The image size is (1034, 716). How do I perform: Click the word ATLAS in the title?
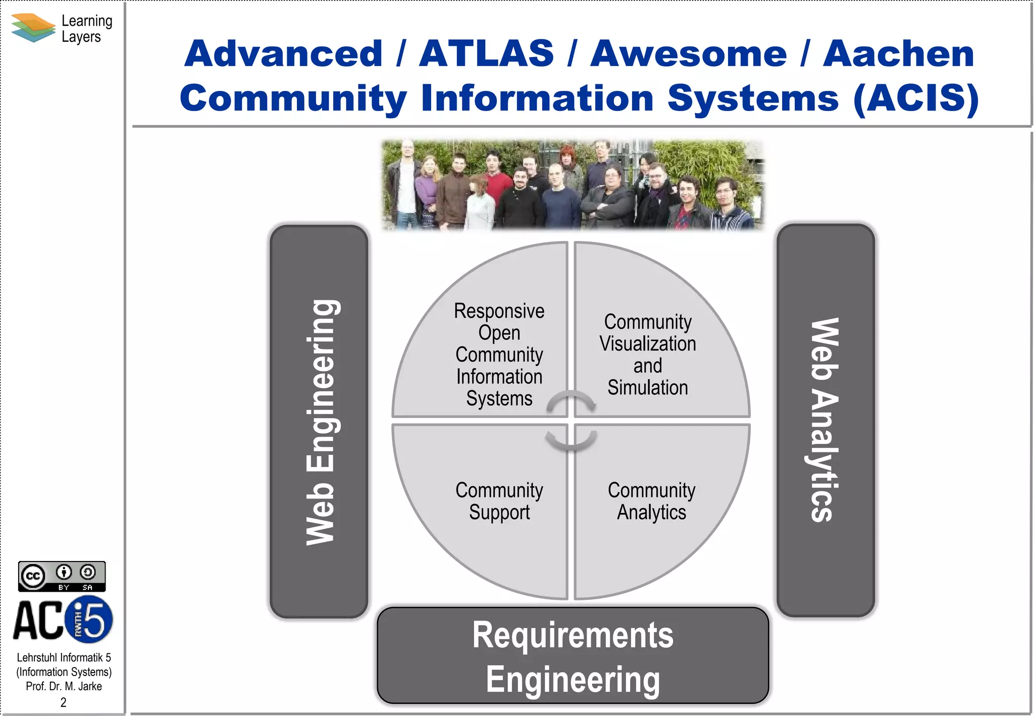pos(486,54)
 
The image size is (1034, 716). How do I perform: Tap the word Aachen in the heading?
pos(898,54)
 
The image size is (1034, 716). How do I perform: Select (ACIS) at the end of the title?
pos(916,98)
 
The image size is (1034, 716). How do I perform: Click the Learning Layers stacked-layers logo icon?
pos(33,28)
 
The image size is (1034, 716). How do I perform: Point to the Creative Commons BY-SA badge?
pos(62,576)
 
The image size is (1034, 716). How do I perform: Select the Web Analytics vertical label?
pos(824,420)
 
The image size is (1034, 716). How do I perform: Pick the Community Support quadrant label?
pos(499,501)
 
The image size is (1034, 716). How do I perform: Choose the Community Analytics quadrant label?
pos(651,501)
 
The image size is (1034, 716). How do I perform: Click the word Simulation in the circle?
pos(647,388)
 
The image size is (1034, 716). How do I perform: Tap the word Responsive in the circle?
pos(499,311)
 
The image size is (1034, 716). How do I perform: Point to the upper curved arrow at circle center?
pos(571,400)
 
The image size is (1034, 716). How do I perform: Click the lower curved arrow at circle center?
pos(571,441)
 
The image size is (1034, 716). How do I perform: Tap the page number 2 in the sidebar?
pos(63,702)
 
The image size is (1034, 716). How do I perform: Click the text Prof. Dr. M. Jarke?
pos(64,686)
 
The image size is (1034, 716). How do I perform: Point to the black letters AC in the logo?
pos(38,621)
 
